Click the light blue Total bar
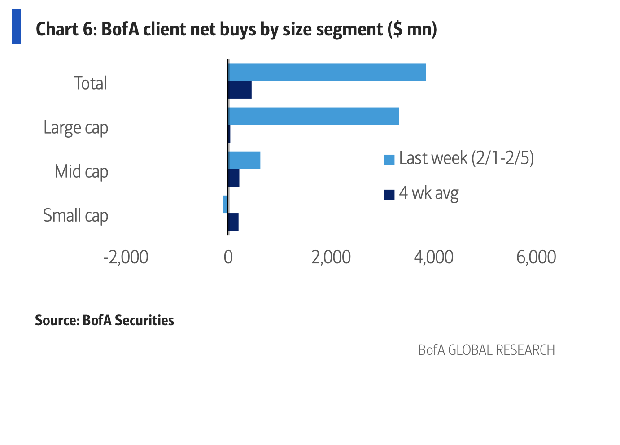pos(327,72)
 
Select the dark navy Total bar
pos(240,90)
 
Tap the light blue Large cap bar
pos(314,116)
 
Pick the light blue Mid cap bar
pos(245,160)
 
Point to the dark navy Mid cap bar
pos(234,178)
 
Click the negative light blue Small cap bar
pos(225,204)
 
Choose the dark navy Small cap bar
pos(233,222)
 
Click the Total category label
pos(90,83)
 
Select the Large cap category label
pos(76,128)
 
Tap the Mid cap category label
pos(81,172)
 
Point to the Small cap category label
pos(75,216)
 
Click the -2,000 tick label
pos(126,257)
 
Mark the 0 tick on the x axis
pos(228,257)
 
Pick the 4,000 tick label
pos(433,257)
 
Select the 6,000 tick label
pos(536,257)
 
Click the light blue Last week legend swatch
pos(389,159)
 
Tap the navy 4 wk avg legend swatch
pos(389,194)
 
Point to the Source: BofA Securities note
pos(105,320)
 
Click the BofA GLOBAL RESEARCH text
pos(486,350)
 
